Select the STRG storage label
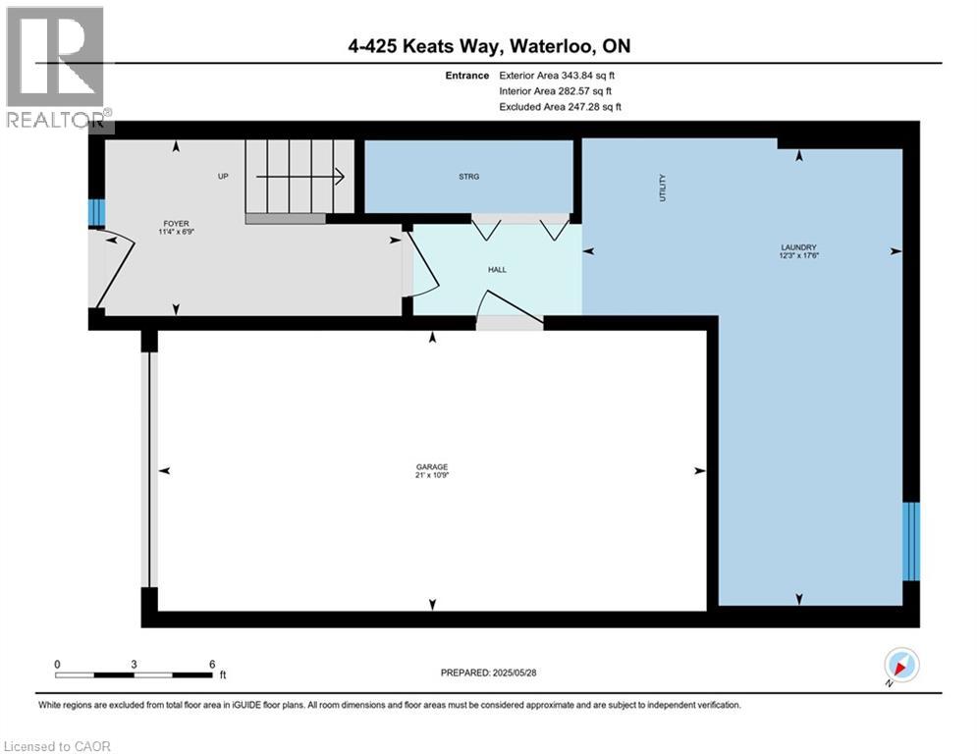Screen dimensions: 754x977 tap(468, 177)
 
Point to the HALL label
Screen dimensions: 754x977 tap(497, 269)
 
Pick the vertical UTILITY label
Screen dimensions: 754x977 tap(663, 188)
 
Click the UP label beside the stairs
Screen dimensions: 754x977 tap(223, 177)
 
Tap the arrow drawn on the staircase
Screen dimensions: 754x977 tap(299, 177)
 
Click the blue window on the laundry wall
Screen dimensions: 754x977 tap(911, 539)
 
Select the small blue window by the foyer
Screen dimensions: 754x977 tap(96, 213)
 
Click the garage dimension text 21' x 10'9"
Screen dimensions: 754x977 tap(432, 475)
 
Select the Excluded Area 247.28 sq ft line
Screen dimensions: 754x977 tap(561, 107)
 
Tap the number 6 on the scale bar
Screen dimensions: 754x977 tap(212, 664)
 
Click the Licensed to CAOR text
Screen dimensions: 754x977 tap(58, 746)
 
